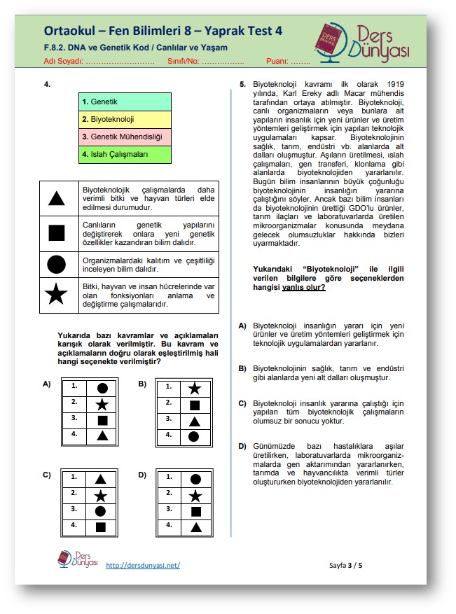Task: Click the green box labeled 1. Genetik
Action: click(x=125, y=102)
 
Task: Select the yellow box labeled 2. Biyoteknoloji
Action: click(x=125, y=119)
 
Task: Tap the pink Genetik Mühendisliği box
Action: click(x=125, y=137)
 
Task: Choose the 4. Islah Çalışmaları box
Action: click(x=125, y=154)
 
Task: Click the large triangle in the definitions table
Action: click(x=57, y=198)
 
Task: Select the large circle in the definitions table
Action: click(x=57, y=264)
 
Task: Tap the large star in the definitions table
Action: click(x=57, y=295)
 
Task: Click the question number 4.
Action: click(x=46, y=85)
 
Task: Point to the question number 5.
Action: click(x=242, y=85)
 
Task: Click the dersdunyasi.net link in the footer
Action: click(x=143, y=565)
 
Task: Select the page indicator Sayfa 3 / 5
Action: click(x=346, y=564)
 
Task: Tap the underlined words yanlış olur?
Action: click(x=303, y=286)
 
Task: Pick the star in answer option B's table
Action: click(x=195, y=389)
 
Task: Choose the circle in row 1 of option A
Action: click(x=102, y=388)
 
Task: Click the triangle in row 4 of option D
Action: click(x=196, y=527)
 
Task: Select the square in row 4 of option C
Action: click(x=101, y=526)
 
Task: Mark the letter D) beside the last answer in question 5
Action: click(x=242, y=446)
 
